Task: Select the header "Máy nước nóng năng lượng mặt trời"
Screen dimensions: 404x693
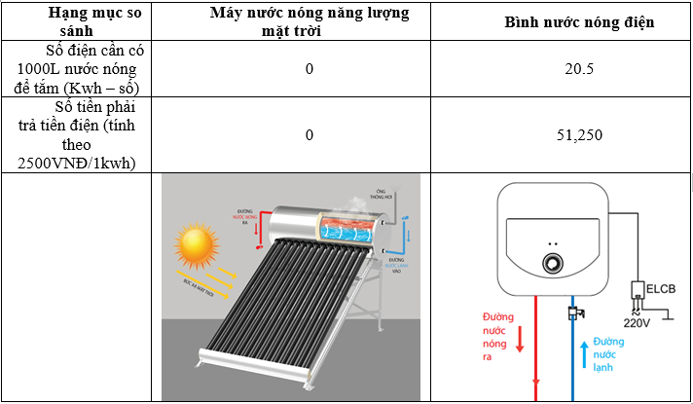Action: coord(309,21)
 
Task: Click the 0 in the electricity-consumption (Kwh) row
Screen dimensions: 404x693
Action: coord(309,69)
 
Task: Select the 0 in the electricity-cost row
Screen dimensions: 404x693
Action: coord(309,134)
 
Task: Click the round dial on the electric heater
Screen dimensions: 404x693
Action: coord(552,264)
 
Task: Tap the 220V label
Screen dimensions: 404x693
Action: coord(638,321)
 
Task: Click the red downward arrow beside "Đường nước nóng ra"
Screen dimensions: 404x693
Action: coord(519,339)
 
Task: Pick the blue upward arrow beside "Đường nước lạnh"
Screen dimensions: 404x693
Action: coord(584,352)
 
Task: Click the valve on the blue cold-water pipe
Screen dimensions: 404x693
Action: coord(572,313)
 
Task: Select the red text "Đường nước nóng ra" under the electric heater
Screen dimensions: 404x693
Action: coord(496,336)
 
